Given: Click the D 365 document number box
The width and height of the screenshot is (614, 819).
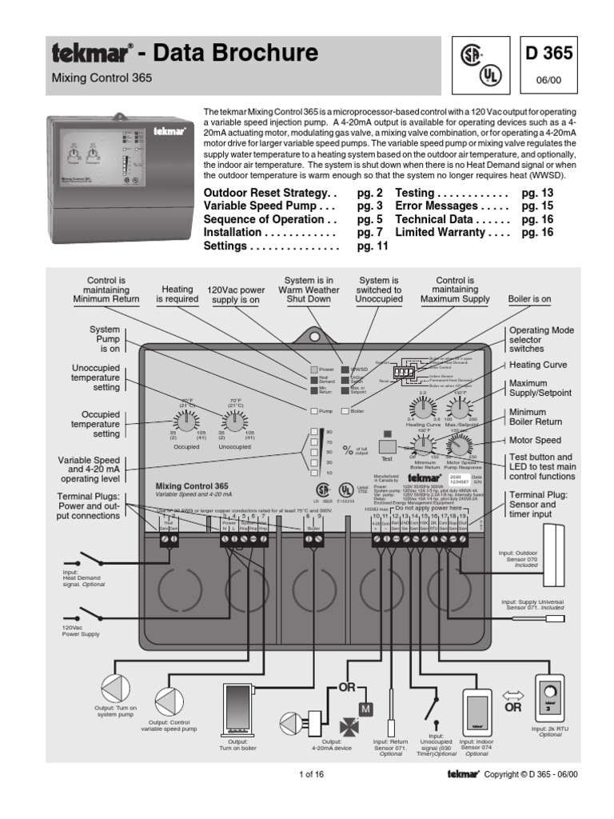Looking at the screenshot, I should (x=560, y=65).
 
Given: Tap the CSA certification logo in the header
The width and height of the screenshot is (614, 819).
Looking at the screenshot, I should (x=472, y=55).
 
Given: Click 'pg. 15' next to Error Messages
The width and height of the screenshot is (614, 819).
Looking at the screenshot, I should (x=537, y=206).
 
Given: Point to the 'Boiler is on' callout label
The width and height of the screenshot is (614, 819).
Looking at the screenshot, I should (x=529, y=298).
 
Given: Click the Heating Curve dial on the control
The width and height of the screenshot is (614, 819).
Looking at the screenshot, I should (x=423, y=406).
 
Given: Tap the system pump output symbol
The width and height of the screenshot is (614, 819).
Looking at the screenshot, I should (x=118, y=690).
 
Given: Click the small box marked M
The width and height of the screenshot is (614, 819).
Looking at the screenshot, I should (x=365, y=709).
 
